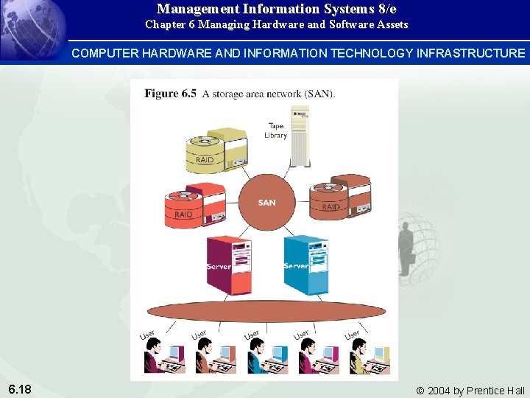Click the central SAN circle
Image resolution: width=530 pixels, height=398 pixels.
267,202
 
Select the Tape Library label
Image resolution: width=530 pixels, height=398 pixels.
276,130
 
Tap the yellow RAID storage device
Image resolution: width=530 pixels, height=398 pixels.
215,151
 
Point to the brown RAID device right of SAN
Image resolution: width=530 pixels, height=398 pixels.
340,197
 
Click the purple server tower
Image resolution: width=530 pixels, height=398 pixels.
227,263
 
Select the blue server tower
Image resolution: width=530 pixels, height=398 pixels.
305,264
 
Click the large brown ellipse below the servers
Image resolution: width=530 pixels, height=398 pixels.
268,310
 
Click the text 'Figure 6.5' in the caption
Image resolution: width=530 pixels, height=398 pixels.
170,94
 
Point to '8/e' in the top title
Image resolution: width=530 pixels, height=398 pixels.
386,9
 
